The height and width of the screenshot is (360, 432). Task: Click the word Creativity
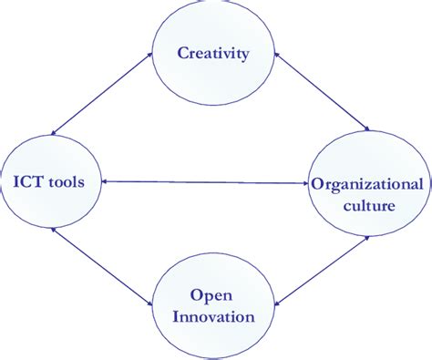click(x=214, y=54)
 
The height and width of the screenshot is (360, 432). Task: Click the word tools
click(x=67, y=182)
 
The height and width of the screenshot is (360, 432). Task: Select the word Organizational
click(x=367, y=184)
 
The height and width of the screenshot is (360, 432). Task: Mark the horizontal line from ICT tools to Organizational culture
click(x=206, y=182)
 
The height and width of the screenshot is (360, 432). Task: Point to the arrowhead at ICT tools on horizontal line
click(x=106, y=182)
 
